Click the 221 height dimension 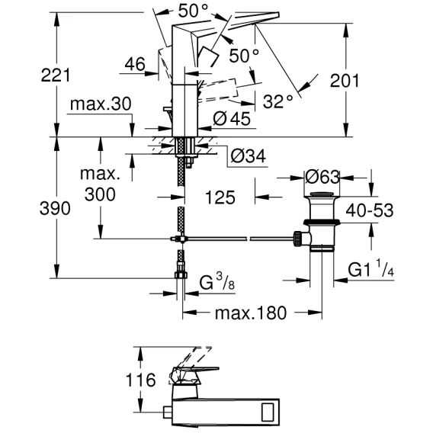click(x=56, y=75)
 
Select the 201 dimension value click(x=345, y=81)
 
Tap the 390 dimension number click(x=55, y=208)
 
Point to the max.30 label click(x=101, y=104)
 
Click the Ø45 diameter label click(x=232, y=119)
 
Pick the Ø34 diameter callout click(x=249, y=156)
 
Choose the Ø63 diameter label click(x=322, y=177)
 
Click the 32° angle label click(x=277, y=101)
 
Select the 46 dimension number click(x=135, y=64)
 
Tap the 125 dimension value click(x=220, y=197)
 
